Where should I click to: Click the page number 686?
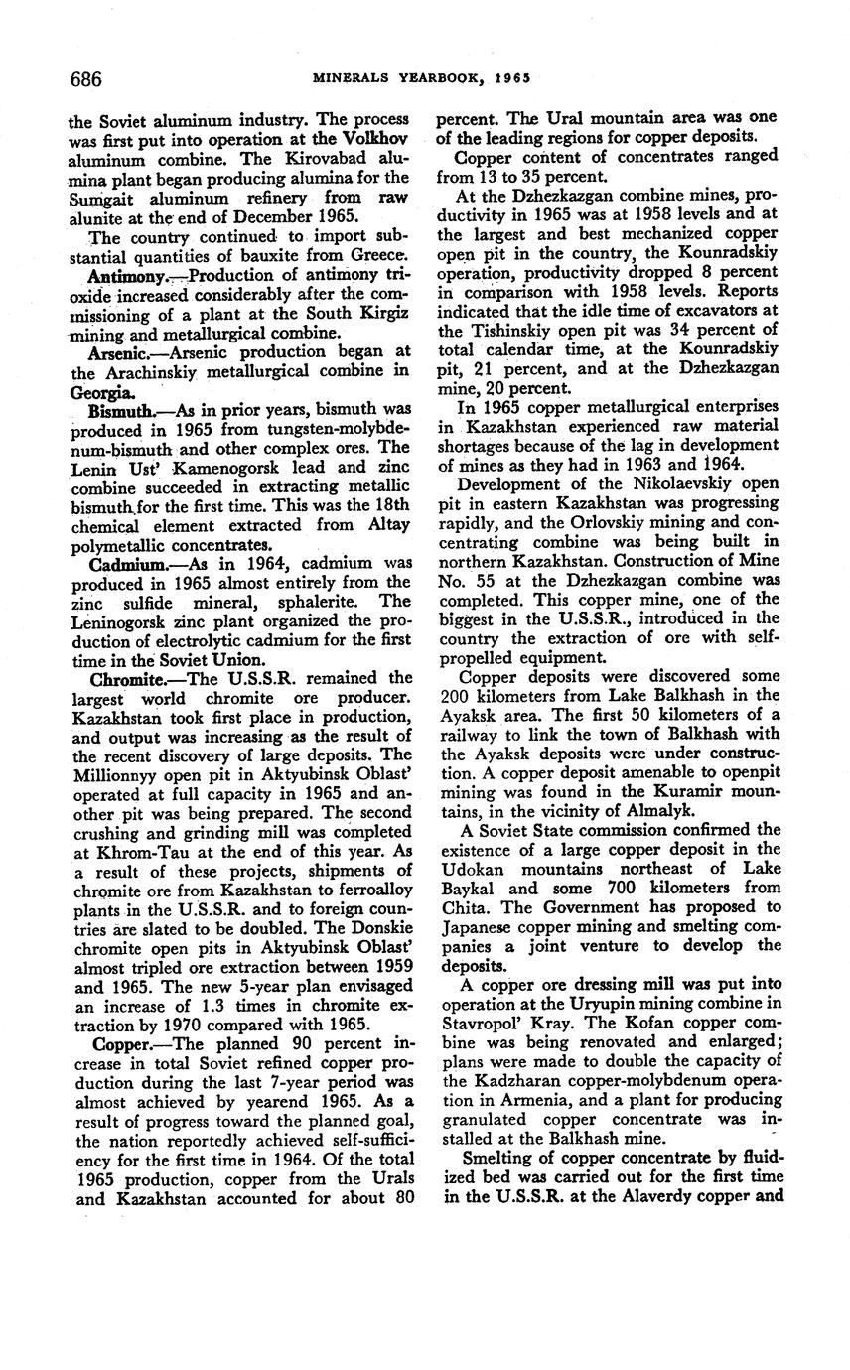[x=85, y=78]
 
